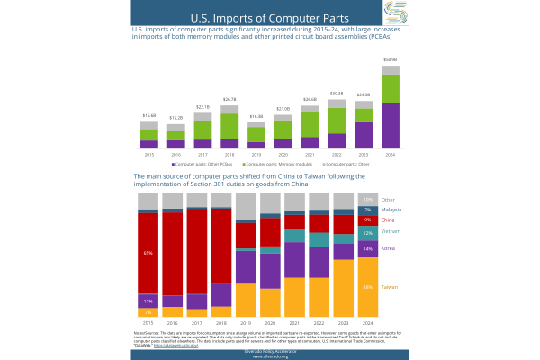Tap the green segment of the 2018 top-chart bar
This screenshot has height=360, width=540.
click(229, 126)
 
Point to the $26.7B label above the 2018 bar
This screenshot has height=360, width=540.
click(229, 99)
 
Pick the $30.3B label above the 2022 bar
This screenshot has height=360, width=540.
click(336, 94)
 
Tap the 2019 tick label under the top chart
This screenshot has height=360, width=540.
click(256, 155)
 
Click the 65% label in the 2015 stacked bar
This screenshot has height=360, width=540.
click(148, 253)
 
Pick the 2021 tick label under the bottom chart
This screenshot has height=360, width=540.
click(294, 322)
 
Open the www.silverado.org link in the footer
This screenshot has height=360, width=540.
click(269, 356)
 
